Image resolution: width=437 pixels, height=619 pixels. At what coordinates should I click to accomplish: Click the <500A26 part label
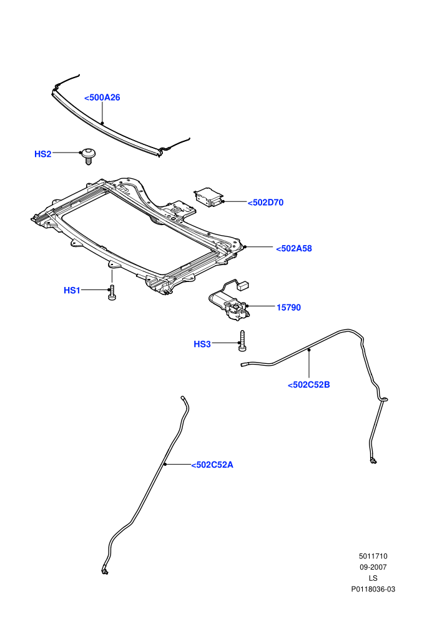pos(102,98)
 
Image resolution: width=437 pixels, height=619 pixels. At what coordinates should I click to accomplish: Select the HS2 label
pos(42,154)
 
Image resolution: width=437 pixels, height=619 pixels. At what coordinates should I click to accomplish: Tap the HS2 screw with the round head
pos(88,156)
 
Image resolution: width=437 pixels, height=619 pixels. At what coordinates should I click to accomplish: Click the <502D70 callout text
pos(265,203)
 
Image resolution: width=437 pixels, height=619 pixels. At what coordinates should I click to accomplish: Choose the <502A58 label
pos(293,249)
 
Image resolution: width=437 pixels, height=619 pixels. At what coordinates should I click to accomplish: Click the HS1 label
pos(72,291)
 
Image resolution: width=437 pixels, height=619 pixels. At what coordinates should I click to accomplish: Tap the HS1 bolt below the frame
pos(112,293)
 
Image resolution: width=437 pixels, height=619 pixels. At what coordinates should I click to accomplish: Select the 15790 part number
pos(288,308)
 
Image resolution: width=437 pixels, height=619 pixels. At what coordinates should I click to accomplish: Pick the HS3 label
pos(202,345)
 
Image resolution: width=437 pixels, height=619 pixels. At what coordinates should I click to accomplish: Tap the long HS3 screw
pos(242,341)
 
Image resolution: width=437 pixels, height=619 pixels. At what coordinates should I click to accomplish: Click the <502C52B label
pos(308,385)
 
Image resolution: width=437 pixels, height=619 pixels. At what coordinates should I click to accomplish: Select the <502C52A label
pos(212,465)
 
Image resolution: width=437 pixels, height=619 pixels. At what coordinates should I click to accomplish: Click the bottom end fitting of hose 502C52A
pos(105,570)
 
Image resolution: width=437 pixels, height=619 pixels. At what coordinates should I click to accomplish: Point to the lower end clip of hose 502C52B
pos(373,460)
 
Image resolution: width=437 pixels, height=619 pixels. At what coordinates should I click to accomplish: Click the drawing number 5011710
pos(373,556)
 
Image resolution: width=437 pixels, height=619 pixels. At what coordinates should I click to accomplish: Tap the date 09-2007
pos(373,567)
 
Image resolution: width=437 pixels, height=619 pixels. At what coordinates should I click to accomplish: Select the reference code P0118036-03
pos(373,590)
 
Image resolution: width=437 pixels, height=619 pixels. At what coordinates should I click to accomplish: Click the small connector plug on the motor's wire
pos(245,285)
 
